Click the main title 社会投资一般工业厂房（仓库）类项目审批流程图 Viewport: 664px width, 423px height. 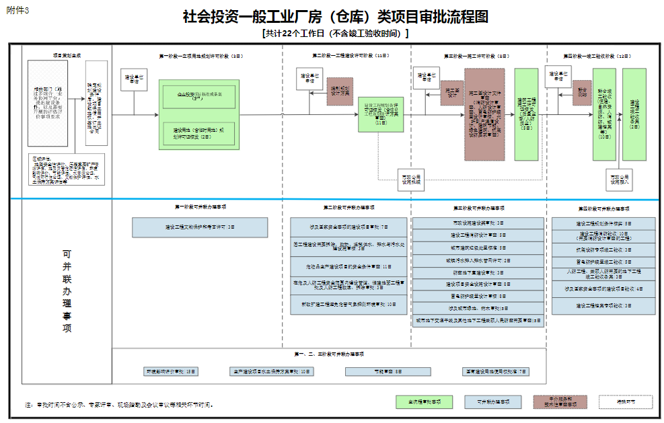click(335, 17)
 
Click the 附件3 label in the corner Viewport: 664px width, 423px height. click(17, 9)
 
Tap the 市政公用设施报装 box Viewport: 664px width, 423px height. click(411, 178)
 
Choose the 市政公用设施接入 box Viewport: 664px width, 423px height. click(621, 178)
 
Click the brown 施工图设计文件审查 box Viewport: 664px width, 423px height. click(484, 114)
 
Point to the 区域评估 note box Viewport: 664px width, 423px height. click(57, 170)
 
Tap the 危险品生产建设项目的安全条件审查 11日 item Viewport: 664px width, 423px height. click(348, 266)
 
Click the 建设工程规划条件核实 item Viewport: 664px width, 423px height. click(603, 223)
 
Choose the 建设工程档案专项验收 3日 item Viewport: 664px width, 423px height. click(603, 306)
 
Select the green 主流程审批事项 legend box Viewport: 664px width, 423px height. click(423, 401)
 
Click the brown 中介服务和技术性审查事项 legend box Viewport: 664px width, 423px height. click(560, 401)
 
